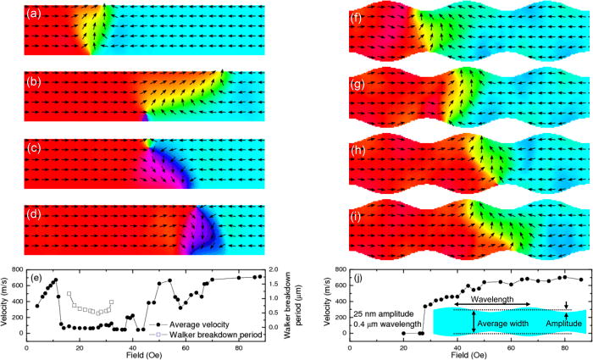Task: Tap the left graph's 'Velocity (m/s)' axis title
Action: click(x=7, y=302)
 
